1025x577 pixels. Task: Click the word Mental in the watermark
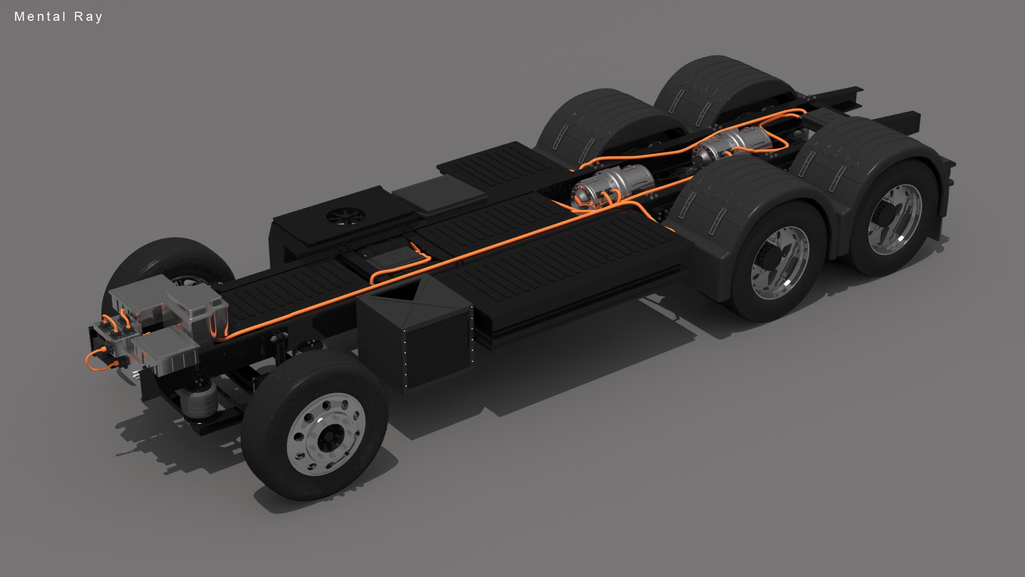[40, 17]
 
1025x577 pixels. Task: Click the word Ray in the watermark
[88, 17]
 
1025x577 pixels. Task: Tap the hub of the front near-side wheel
[326, 434]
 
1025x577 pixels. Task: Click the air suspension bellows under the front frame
[199, 400]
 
